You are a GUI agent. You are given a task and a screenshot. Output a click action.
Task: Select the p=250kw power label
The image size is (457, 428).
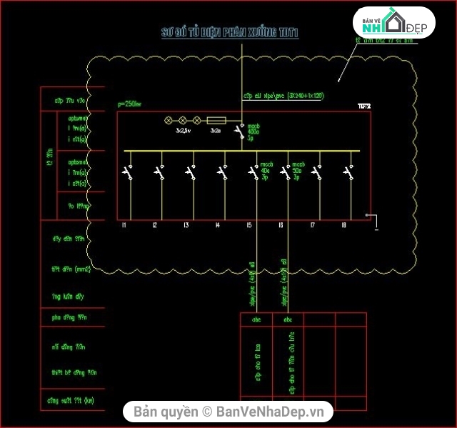pos(129,104)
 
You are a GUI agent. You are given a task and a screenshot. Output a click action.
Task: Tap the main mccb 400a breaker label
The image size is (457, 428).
pos(253,131)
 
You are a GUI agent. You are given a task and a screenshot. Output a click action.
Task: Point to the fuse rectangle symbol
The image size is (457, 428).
pos(216,121)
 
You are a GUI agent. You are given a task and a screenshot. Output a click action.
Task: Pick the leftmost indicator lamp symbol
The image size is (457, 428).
pos(169,121)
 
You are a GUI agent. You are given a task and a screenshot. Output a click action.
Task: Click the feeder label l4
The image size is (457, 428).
pos(218,226)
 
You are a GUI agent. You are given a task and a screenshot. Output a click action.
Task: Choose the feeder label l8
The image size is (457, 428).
pos(344,226)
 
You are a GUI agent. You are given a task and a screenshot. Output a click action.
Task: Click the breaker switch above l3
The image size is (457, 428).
pos(189,171)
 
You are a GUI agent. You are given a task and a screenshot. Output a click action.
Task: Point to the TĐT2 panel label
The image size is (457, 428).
pos(364,106)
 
